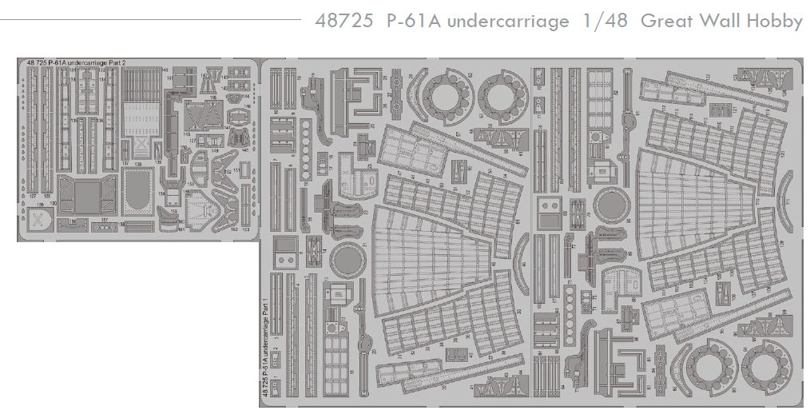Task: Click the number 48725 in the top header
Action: tap(344, 22)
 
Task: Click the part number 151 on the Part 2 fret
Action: tap(237, 181)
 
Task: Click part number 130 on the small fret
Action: tap(52, 205)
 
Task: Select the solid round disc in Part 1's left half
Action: tap(344, 261)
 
